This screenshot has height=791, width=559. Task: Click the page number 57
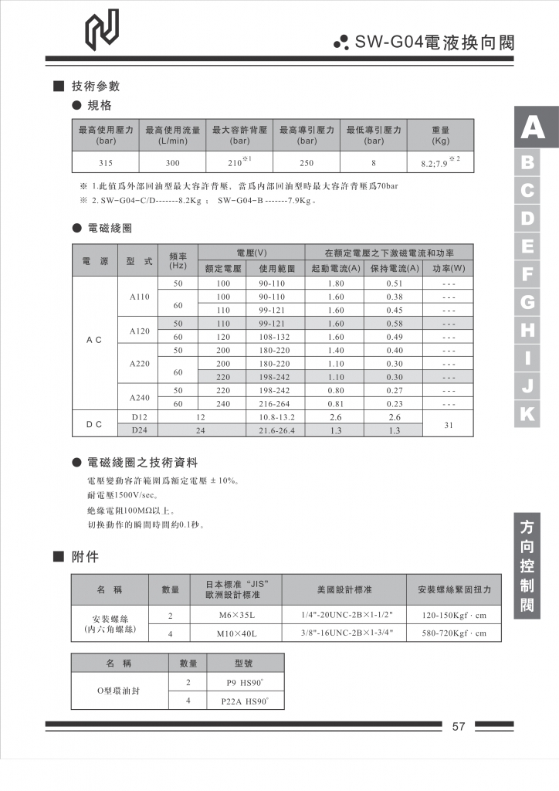(x=459, y=727)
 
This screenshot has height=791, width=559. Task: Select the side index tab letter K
(x=528, y=414)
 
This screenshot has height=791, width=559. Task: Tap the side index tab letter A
(x=532, y=127)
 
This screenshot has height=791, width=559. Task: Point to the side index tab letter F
(x=528, y=274)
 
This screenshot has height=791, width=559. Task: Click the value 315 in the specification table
(x=106, y=163)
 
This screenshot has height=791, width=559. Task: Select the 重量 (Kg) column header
(x=440, y=136)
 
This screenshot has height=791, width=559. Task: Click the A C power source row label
(x=94, y=340)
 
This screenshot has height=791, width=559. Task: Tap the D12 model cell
(x=140, y=417)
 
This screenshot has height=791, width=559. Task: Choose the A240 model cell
(x=140, y=397)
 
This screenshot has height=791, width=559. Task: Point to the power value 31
(x=449, y=424)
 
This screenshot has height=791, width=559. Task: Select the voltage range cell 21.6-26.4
(x=276, y=430)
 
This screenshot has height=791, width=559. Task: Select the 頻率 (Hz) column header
(x=178, y=260)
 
